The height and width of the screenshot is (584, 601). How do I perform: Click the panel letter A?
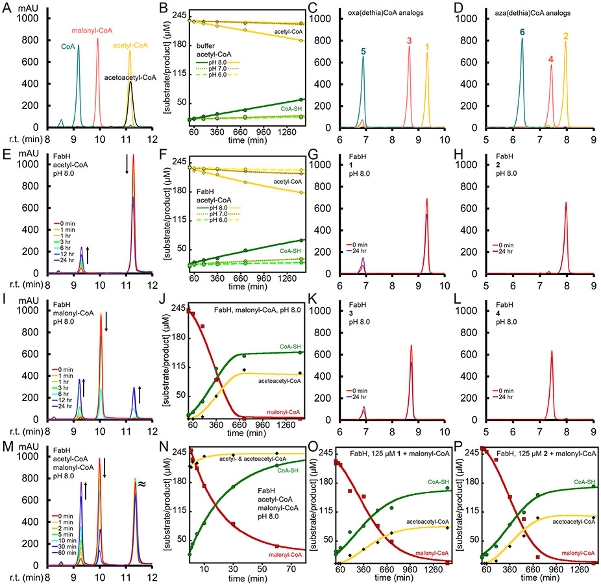pos(6,7)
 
